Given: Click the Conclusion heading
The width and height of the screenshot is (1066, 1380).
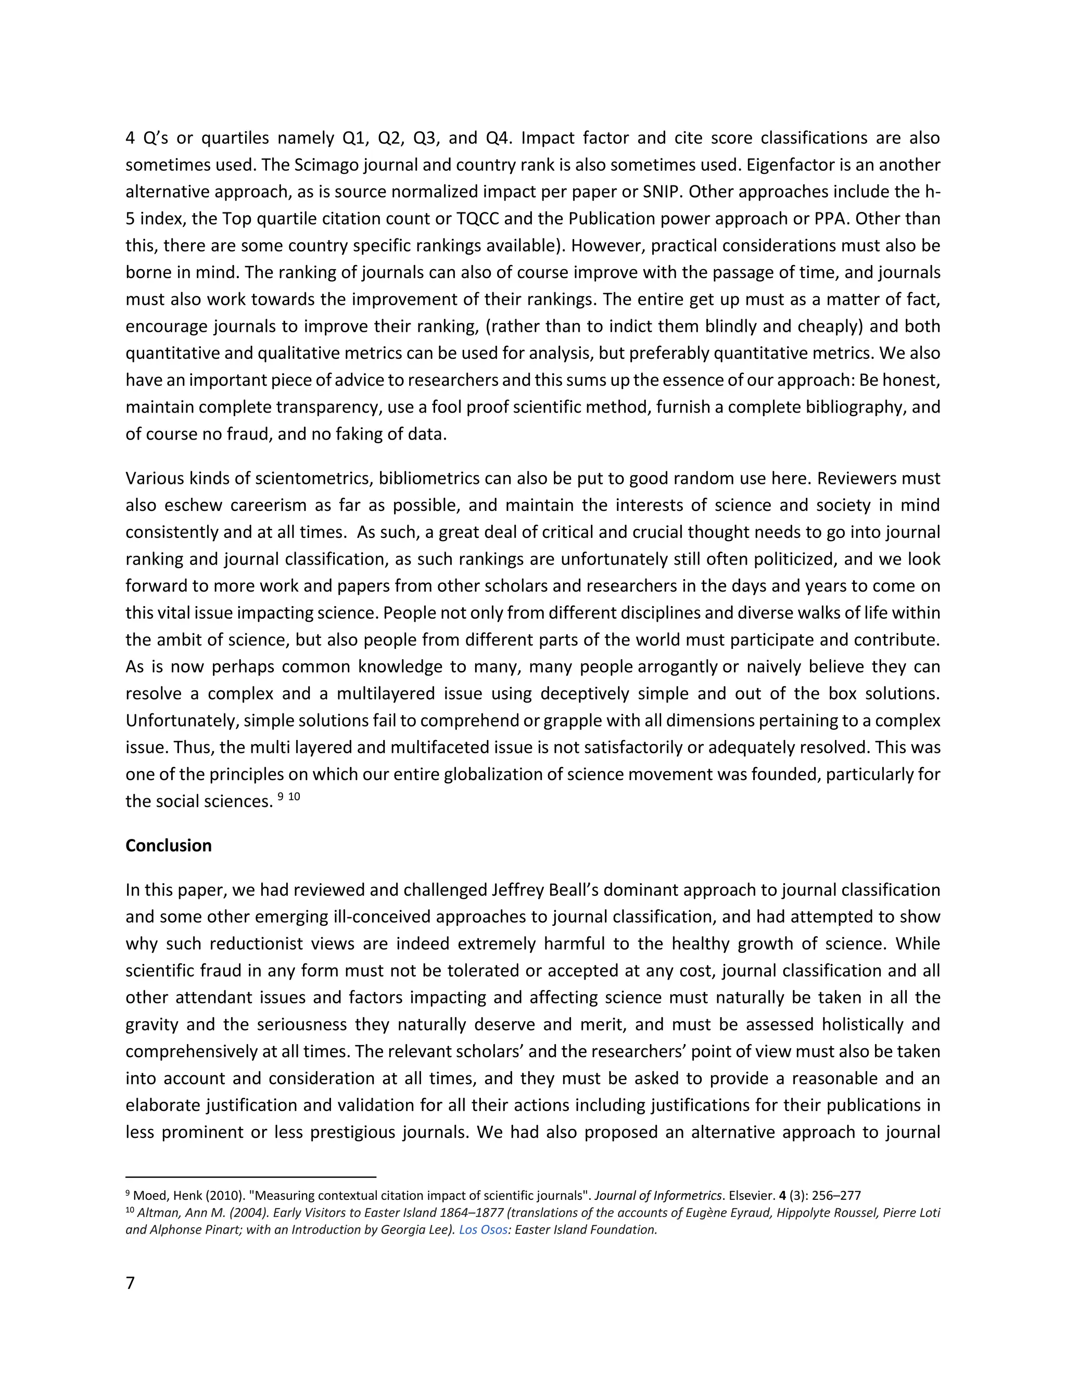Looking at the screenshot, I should coord(168,845).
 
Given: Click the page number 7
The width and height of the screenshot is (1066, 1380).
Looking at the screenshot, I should coord(130,1283).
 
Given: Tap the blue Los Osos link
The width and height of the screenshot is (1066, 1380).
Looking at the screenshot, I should coord(483,1230).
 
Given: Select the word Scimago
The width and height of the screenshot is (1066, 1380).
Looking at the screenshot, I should coord(326,165).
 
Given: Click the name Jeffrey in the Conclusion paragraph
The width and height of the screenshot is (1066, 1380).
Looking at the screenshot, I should coord(522,889).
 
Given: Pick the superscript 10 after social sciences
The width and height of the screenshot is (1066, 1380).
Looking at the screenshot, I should coord(294,797).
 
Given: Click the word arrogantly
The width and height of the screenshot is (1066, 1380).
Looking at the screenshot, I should coord(678,667).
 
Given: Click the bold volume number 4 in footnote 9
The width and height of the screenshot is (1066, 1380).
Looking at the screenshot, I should coord(782,1196).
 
